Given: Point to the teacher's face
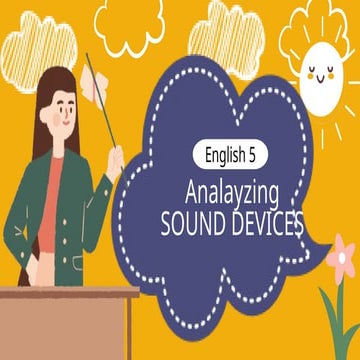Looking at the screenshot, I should pyautogui.click(x=63, y=106).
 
